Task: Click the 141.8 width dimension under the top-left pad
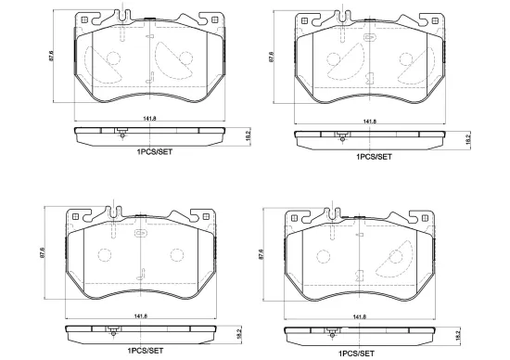tap(149, 119)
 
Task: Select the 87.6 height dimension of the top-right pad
tap(272, 57)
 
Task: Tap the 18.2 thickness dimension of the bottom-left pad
tap(240, 334)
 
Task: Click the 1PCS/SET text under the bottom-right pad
tap(356, 354)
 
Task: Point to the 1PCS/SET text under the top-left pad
tap(155, 152)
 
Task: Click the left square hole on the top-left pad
tap(84, 20)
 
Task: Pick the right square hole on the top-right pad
tap(435, 20)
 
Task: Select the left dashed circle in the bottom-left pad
tap(105, 255)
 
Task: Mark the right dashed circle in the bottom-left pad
tap(177, 255)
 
